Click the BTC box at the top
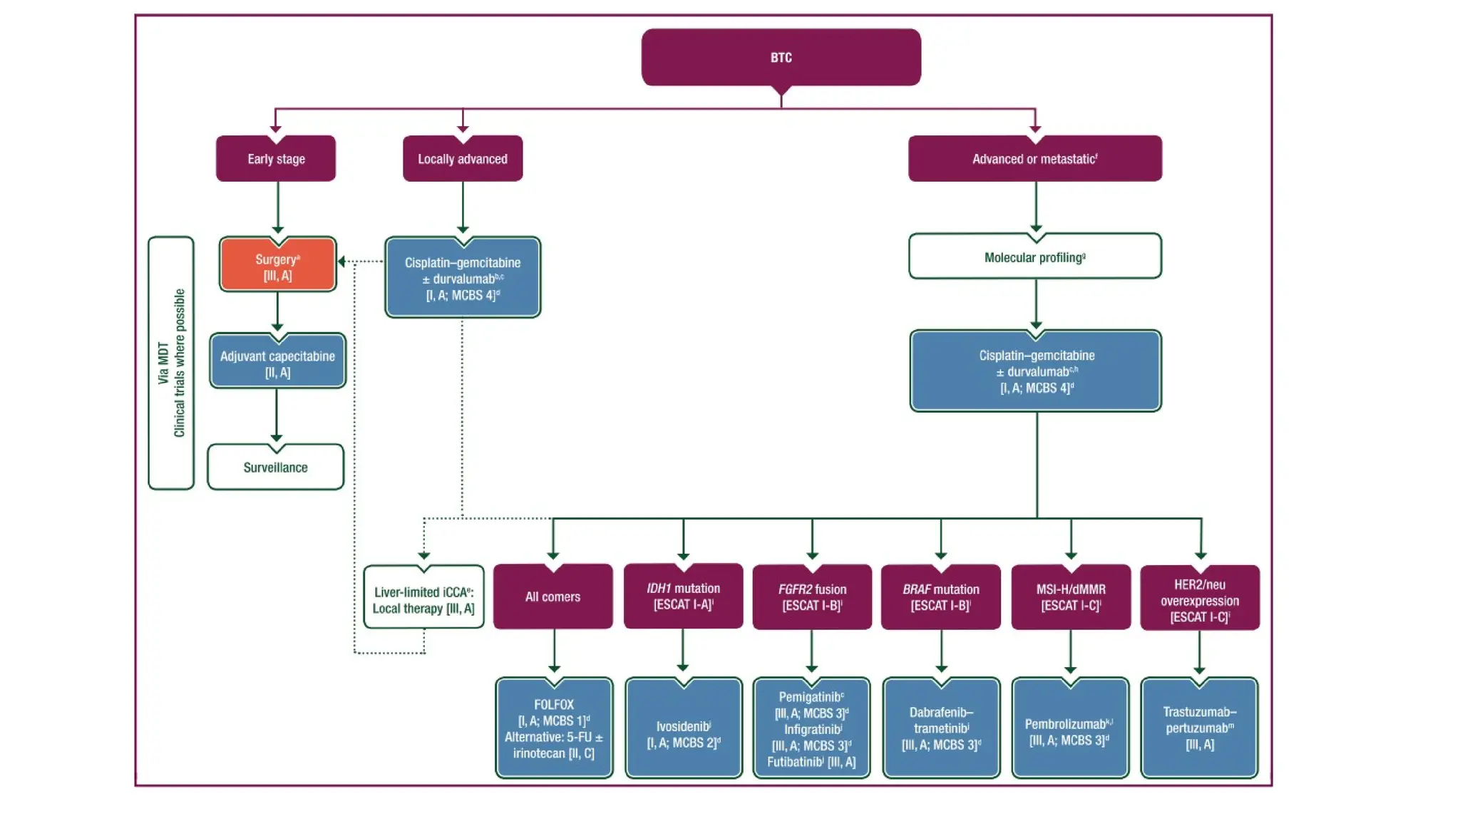pyautogui.click(x=781, y=57)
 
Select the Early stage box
pyautogui.click(x=276, y=159)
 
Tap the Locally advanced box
pyautogui.click(x=462, y=159)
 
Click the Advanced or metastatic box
pyautogui.click(x=1034, y=159)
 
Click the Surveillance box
pyautogui.click(x=275, y=468)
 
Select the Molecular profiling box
pyautogui.click(x=1034, y=257)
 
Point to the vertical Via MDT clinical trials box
pyautogui.click(x=171, y=363)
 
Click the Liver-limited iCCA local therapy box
pyautogui.click(x=423, y=599)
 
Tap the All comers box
pyautogui.click(x=552, y=597)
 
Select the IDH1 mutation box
pyautogui.click(x=683, y=597)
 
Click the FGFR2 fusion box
pyautogui.click(x=812, y=597)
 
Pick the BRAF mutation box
pyautogui.click(x=940, y=597)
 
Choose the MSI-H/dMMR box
pyautogui.click(x=1071, y=597)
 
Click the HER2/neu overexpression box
pyautogui.click(x=1200, y=599)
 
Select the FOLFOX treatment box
pyautogui.click(x=554, y=728)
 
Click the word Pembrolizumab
pyautogui.click(x=1065, y=724)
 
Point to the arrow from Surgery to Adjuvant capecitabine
pyautogui.click(x=277, y=312)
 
